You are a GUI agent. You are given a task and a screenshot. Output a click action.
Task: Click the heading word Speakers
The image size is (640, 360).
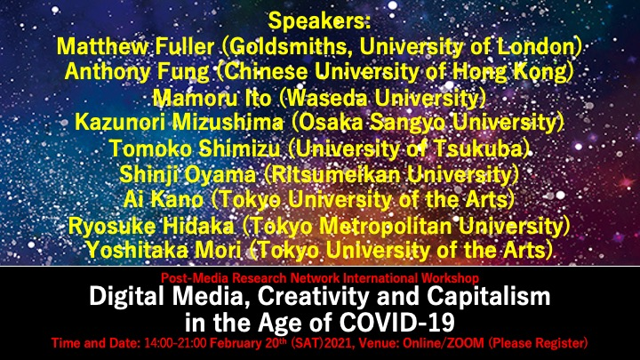[x=319, y=21]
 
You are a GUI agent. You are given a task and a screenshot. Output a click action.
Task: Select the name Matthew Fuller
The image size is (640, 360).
[x=135, y=46]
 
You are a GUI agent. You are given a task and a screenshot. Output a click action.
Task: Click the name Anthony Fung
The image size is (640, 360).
[x=137, y=72]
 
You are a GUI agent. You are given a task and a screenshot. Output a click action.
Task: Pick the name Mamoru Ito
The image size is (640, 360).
[x=212, y=98]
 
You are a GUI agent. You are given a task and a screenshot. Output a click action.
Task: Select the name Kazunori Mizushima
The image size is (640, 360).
[x=179, y=123]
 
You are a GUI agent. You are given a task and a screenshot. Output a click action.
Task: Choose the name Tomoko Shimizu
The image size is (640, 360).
[x=195, y=148]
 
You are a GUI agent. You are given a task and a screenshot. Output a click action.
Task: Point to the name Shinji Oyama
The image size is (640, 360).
[x=188, y=175]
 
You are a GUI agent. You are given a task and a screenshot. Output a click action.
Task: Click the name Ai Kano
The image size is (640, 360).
[x=164, y=200]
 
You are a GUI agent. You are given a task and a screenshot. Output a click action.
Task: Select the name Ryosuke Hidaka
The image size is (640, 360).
[x=151, y=226]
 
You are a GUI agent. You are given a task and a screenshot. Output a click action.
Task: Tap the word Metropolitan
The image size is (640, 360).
[x=386, y=226]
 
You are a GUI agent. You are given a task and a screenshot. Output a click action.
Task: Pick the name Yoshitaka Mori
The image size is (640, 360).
[x=164, y=250]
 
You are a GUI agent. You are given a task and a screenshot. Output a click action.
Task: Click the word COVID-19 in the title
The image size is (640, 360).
[x=397, y=323]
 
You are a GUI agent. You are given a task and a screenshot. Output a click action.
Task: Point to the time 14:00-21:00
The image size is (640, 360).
[x=175, y=343]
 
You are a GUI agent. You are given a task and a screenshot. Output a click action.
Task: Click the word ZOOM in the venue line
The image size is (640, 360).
[x=465, y=343]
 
